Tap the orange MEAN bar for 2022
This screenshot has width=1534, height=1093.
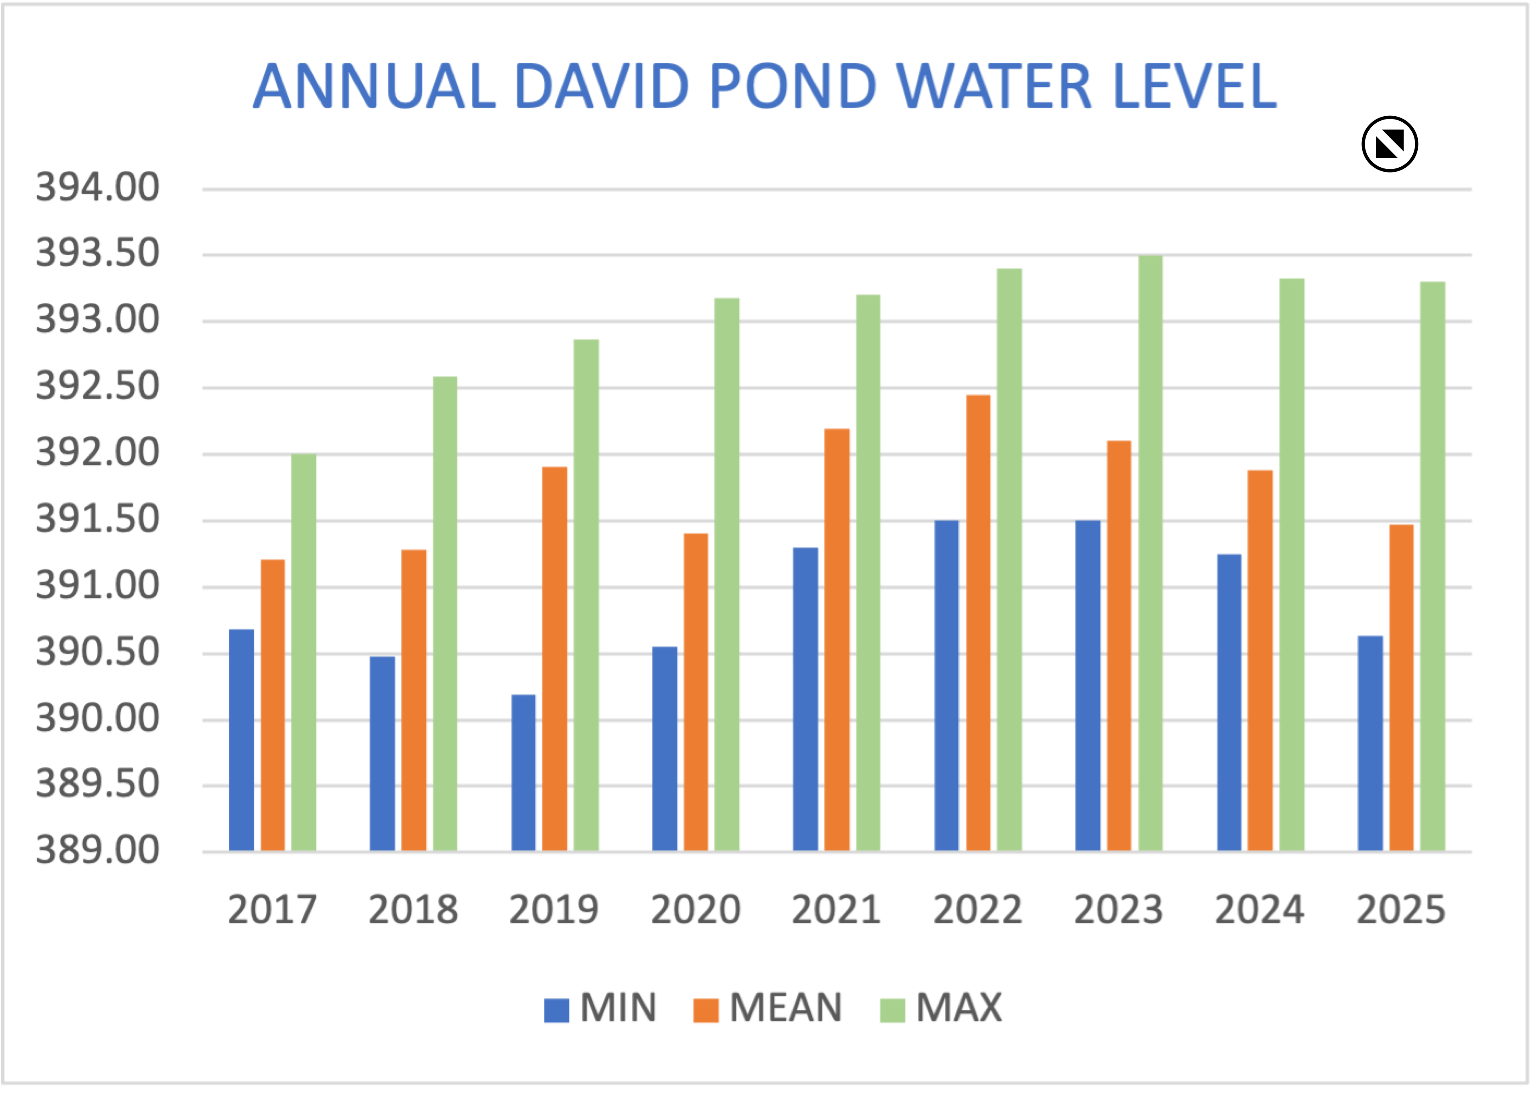978,622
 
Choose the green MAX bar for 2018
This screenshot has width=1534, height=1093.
445,613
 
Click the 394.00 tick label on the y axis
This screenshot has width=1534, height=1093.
98,187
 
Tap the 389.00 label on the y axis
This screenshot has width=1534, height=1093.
98,850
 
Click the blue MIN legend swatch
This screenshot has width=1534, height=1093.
556,1009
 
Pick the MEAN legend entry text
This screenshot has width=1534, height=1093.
785,1007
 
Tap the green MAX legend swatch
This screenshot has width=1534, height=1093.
893,1009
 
